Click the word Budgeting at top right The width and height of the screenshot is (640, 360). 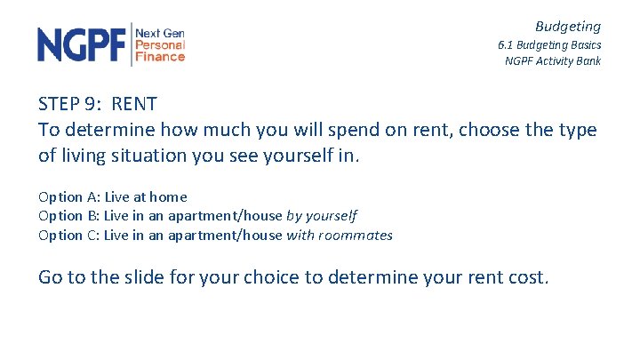point(567,27)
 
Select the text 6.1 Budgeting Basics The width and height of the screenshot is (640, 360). point(548,44)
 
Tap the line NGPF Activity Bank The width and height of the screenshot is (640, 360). point(552,61)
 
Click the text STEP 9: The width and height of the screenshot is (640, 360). point(71,103)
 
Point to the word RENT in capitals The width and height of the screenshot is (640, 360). point(134,103)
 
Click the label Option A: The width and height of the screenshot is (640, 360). point(68,196)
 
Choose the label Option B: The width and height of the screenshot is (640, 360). point(68,216)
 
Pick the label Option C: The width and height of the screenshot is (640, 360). point(68,236)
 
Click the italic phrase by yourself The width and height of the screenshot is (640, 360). point(322,216)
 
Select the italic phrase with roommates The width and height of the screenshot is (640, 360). point(340,236)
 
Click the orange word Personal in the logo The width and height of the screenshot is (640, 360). point(160,44)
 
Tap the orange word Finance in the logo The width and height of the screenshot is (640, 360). point(160,57)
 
